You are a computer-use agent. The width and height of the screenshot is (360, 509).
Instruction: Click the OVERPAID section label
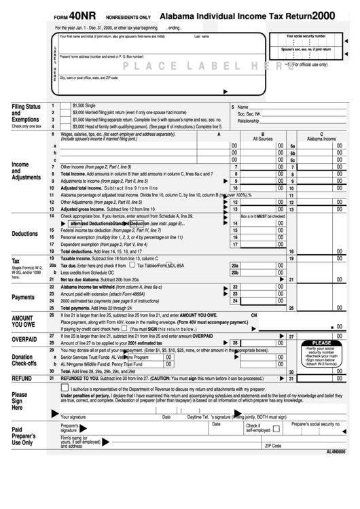coord(22,339)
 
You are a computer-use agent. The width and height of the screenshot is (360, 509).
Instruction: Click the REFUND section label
coord(22,378)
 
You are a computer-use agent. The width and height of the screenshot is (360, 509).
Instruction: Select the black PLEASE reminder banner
coord(322,343)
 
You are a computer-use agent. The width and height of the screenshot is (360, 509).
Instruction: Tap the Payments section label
coord(23,297)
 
